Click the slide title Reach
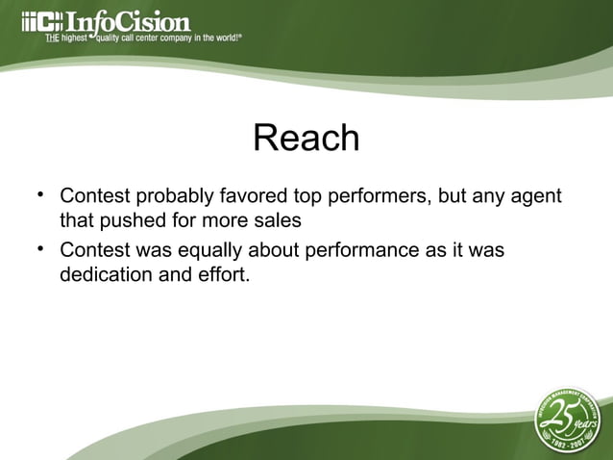pyautogui.click(x=306, y=139)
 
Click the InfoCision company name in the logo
pyautogui.click(x=127, y=20)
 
